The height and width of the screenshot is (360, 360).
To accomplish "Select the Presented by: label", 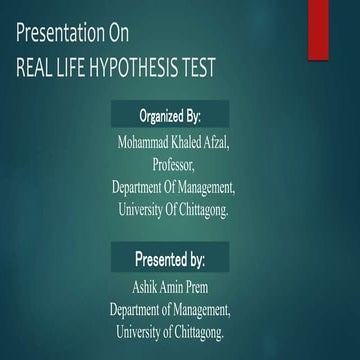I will point(170,260).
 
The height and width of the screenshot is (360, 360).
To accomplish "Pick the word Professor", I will point(173,164).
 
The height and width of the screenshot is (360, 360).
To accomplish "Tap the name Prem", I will point(203,287).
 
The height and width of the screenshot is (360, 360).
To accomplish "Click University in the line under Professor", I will point(140,209).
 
